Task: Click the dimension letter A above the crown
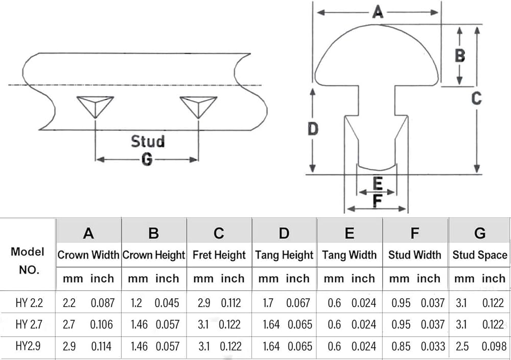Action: [x=378, y=12]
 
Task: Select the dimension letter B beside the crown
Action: [x=460, y=55]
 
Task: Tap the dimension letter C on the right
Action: [x=476, y=98]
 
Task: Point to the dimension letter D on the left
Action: [x=313, y=129]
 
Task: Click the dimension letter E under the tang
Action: [x=378, y=184]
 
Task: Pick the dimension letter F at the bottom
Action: [x=378, y=200]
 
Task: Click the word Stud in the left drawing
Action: [x=148, y=141]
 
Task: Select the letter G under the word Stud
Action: [x=147, y=160]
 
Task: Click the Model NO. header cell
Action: [x=28, y=261]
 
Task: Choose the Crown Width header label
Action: [x=88, y=255]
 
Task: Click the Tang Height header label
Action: [x=284, y=255]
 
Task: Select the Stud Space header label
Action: [x=480, y=255]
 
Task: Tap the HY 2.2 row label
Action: [x=29, y=303]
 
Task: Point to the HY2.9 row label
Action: [x=28, y=346]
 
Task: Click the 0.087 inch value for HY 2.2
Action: [x=103, y=303]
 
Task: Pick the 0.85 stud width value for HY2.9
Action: [x=401, y=346]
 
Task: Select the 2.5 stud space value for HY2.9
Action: [x=462, y=346]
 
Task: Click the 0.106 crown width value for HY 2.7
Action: [x=101, y=324]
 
